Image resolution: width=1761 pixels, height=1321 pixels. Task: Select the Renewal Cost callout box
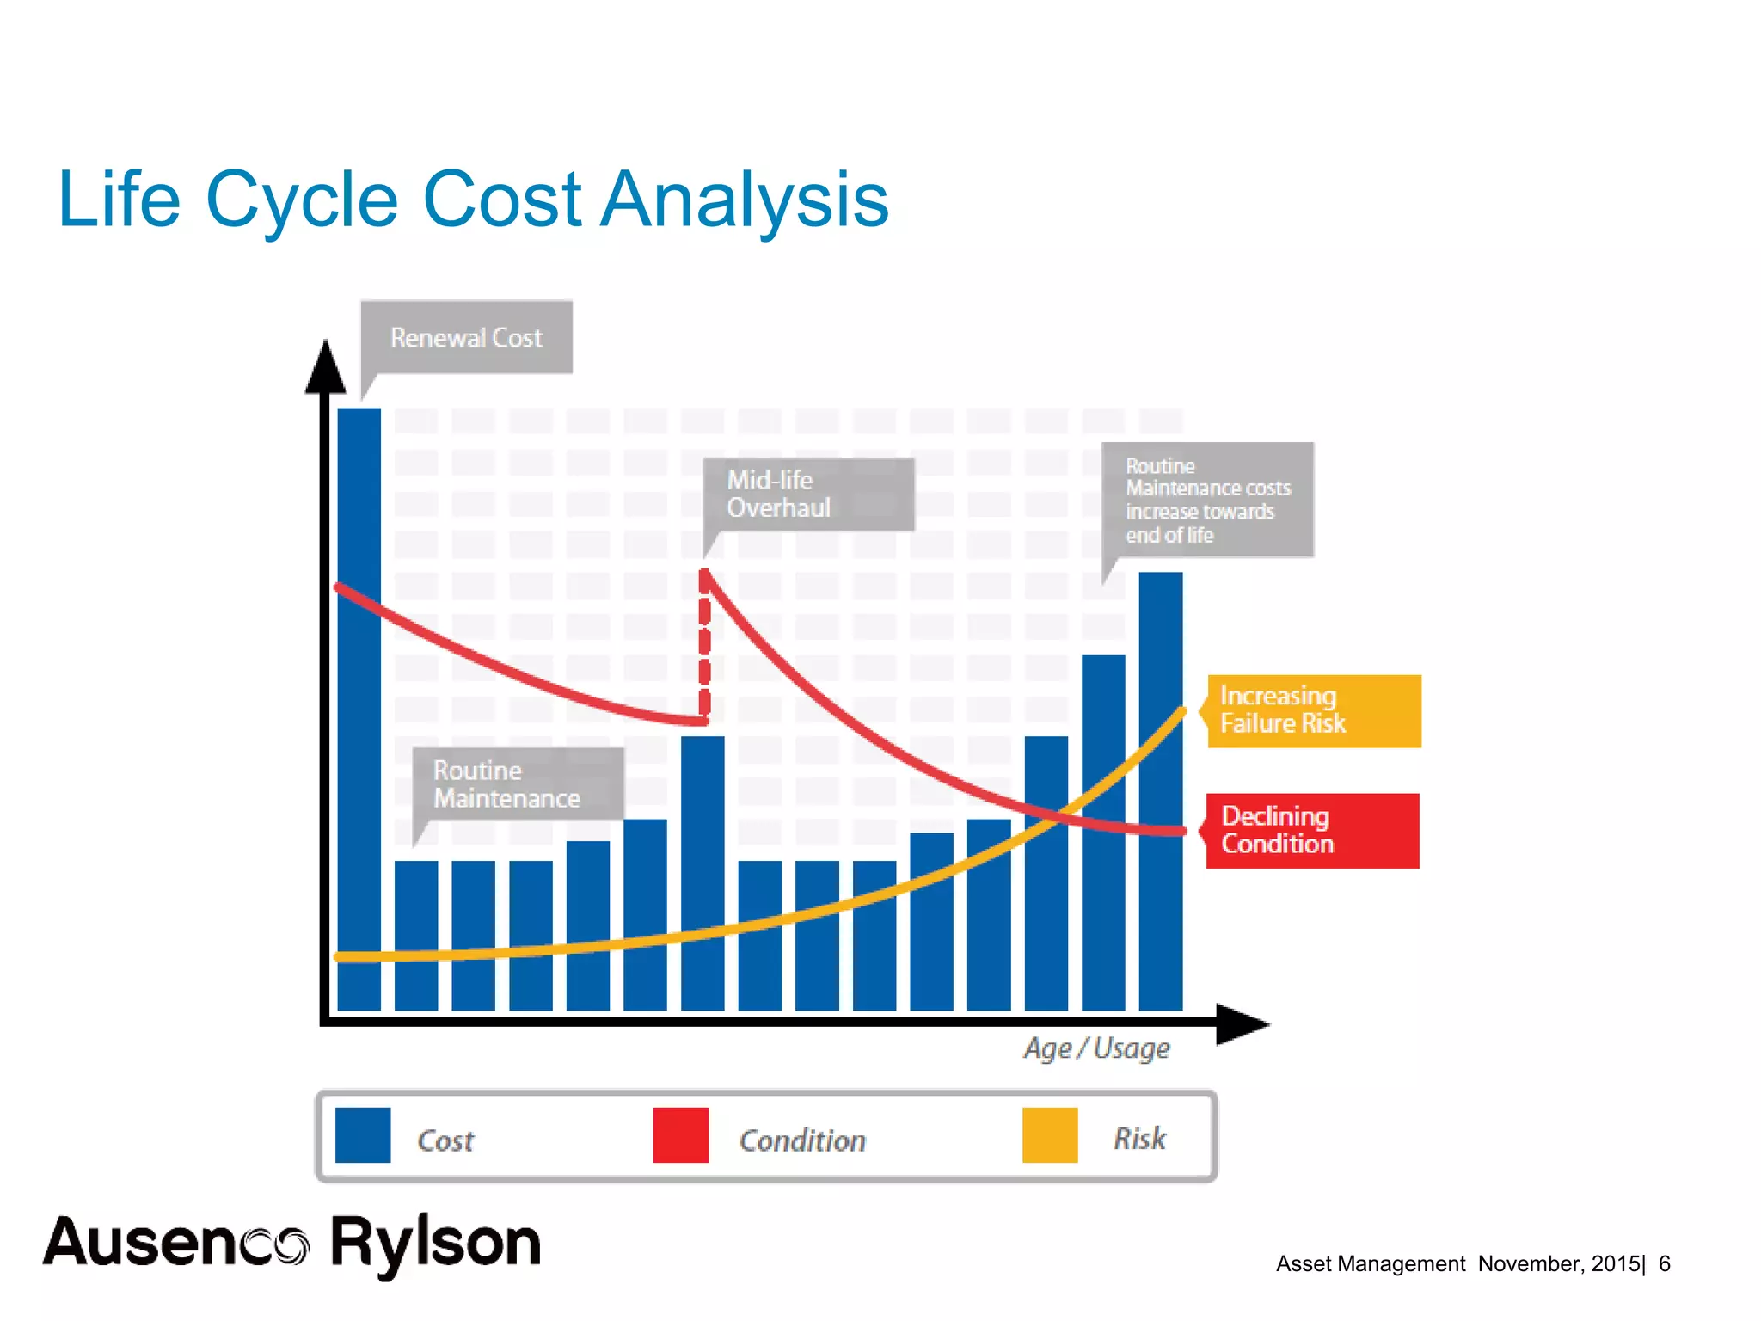point(467,337)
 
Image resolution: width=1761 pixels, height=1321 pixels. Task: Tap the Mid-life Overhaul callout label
point(807,494)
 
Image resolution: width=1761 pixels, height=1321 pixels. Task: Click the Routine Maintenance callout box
point(518,783)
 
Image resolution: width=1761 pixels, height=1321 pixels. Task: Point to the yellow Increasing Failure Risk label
point(1314,710)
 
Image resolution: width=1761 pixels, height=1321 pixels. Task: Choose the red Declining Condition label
point(1312,830)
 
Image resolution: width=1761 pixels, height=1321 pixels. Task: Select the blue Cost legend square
point(363,1134)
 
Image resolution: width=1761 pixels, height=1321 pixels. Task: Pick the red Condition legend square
point(680,1134)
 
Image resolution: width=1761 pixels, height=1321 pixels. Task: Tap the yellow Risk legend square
point(1049,1134)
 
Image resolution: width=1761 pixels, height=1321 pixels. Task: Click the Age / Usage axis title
point(1096,1048)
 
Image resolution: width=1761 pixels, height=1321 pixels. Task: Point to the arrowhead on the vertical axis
point(326,368)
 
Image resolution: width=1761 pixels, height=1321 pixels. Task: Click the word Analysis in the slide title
point(744,200)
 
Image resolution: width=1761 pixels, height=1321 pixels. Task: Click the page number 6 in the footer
point(1665,1263)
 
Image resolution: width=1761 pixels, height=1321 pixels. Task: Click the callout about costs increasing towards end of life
point(1207,500)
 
